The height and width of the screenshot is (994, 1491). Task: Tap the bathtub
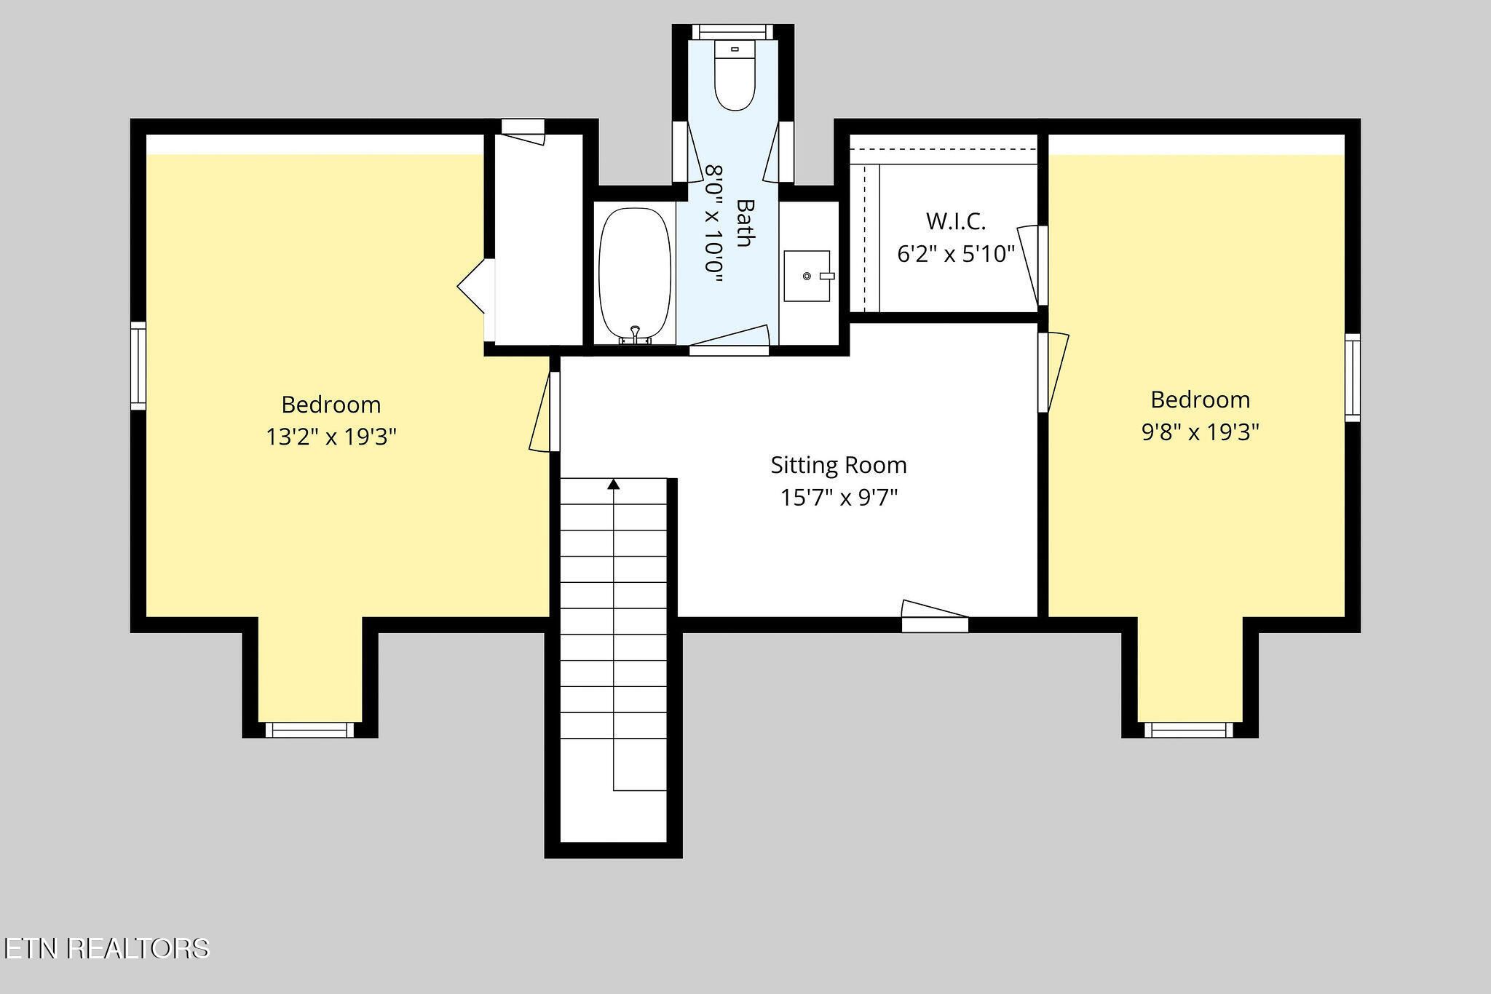635,274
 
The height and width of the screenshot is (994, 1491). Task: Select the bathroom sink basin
807,276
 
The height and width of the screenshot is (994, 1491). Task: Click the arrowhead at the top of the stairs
614,484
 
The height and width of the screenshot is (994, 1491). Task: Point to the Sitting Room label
839,465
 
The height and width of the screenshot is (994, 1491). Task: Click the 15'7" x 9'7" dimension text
839,498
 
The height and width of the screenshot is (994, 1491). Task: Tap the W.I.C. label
956,220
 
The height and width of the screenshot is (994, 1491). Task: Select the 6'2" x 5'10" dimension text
956,253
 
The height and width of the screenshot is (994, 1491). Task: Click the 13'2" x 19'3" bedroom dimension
331,437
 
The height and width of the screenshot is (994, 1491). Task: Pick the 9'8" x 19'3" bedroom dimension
1200,432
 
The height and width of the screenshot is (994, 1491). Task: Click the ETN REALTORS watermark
106,948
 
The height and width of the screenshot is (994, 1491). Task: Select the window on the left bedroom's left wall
138,366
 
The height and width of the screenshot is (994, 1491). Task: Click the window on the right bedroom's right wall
1352,378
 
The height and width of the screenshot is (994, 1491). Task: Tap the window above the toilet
732,32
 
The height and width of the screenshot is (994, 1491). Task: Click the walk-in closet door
1032,265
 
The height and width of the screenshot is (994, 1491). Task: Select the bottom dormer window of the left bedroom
309,730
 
